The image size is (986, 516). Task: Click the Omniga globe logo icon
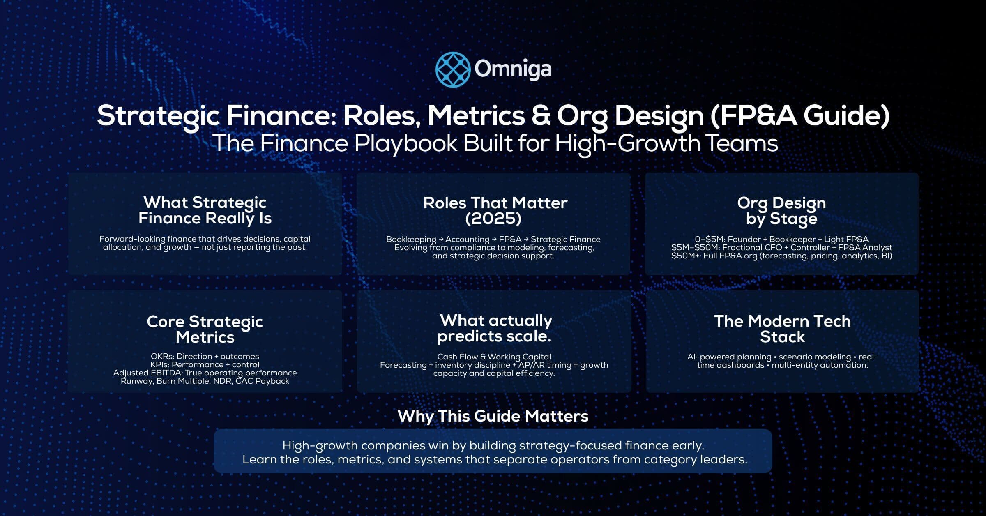click(x=453, y=69)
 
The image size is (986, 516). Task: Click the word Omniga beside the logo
click(x=513, y=69)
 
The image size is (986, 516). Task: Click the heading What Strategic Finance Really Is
click(x=205, y=210)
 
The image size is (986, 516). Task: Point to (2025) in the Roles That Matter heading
click(x=493, y=218)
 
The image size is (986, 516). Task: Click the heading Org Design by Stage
click(x=781, y=210)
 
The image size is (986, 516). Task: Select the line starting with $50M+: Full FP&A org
click(x=781, y=256)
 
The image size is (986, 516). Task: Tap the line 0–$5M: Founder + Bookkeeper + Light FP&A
click(x=781, y=239)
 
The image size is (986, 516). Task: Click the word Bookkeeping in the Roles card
click(x=411, y=239)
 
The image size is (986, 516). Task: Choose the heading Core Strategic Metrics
click(x=205, y=329)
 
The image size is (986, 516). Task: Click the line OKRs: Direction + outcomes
click(x=205, y=356)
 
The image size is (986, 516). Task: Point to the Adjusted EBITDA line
click(x=205, y=373)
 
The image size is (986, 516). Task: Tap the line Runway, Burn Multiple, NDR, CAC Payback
click(x=205, y=381)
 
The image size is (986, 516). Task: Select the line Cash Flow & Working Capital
click(x=494, y=357)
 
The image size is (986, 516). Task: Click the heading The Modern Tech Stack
click(x=782, y=329)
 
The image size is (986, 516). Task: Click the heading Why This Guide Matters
click(x=493, y=416)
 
